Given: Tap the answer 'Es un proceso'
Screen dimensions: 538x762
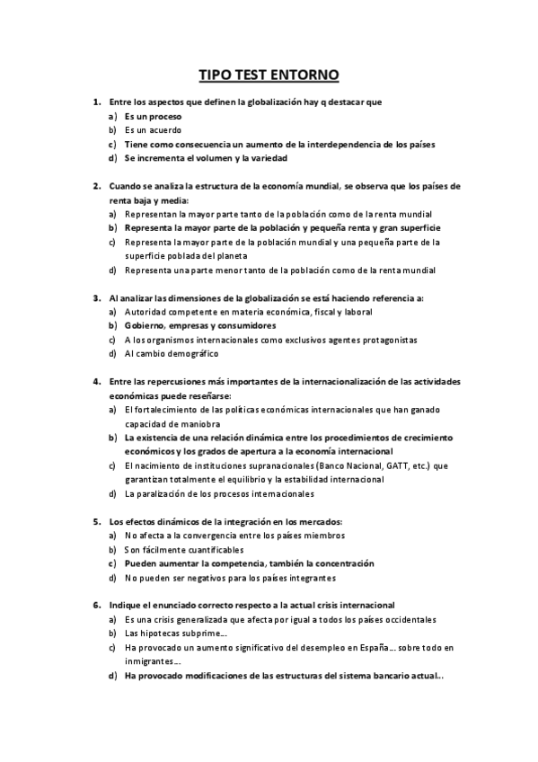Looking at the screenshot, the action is pos(154,117).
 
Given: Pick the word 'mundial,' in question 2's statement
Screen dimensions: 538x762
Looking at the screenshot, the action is pos(318,186).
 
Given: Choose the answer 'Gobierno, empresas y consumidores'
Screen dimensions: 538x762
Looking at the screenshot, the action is pos(200,325).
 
